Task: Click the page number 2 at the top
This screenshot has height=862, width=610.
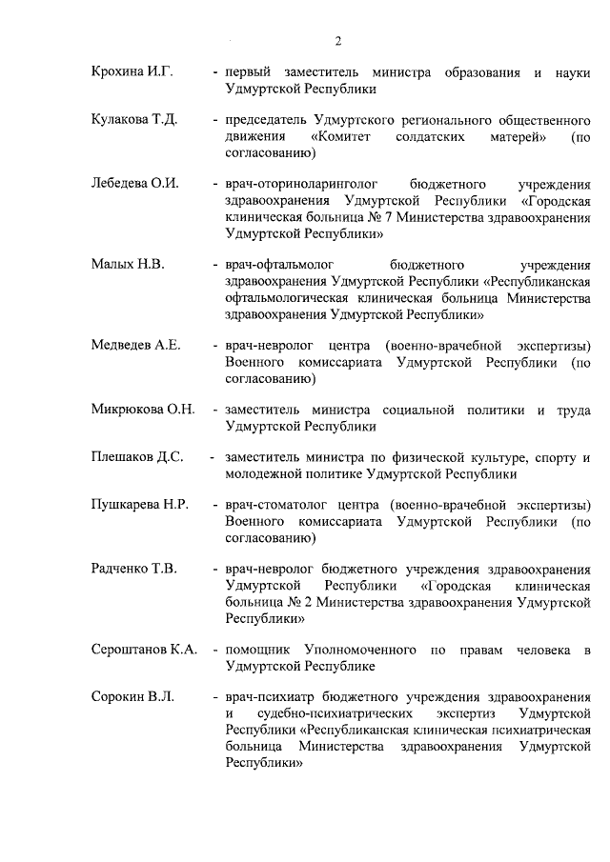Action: point(338,40)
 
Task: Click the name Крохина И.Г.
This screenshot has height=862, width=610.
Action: point(131,72)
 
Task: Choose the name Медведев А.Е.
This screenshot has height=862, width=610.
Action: point(136,345)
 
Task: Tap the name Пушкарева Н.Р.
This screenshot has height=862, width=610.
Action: point(139,505)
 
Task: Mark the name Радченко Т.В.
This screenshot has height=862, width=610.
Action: point(134,570)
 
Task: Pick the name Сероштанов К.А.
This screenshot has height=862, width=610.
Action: point(144,650)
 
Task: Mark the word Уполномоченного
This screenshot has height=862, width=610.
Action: point(361,650)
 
